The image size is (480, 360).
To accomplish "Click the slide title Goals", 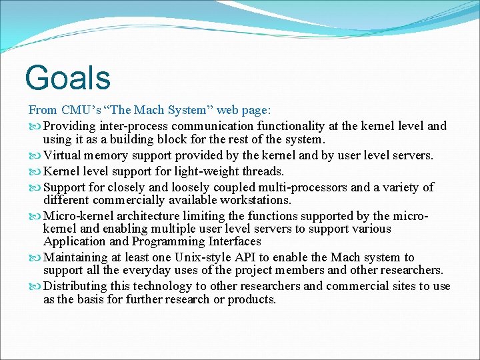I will click(x=67, y=77).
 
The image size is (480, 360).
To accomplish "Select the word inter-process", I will click(x=135, y=126).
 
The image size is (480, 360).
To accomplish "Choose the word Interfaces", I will click(x=234, y=241).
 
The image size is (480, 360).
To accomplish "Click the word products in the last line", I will click(x=251, y=299).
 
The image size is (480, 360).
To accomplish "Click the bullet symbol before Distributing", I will click(x=35, y=286).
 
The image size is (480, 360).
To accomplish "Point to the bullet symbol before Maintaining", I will click(x=35, y=257).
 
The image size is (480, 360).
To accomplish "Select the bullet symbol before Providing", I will click(x=35, y=126).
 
